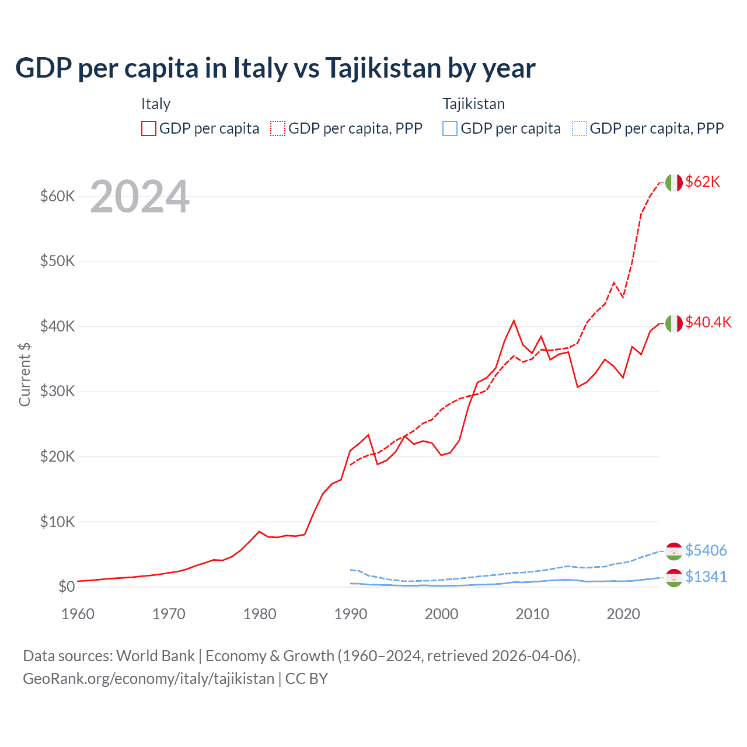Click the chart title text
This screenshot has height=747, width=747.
275,68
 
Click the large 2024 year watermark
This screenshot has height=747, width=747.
139,197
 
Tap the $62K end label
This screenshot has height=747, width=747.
703,182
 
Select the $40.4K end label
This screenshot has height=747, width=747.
708,323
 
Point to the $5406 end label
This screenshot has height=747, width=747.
706,550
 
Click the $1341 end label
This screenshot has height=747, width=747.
706,577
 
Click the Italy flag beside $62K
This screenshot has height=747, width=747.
674,183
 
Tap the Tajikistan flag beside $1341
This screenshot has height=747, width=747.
674,577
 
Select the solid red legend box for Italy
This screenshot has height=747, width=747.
149,128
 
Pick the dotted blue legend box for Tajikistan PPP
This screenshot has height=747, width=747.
580,128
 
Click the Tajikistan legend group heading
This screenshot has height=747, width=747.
473,104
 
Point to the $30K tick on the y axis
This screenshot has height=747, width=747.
57,392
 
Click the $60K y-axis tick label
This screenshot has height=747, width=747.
57,196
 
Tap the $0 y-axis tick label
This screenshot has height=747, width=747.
66,587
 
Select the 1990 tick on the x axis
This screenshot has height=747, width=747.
351,614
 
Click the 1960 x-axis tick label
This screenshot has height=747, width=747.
78,614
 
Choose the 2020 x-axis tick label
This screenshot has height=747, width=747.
623,614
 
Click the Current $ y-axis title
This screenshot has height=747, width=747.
25,374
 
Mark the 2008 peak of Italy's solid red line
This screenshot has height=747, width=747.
514,320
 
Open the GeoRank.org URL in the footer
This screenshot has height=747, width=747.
148,679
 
